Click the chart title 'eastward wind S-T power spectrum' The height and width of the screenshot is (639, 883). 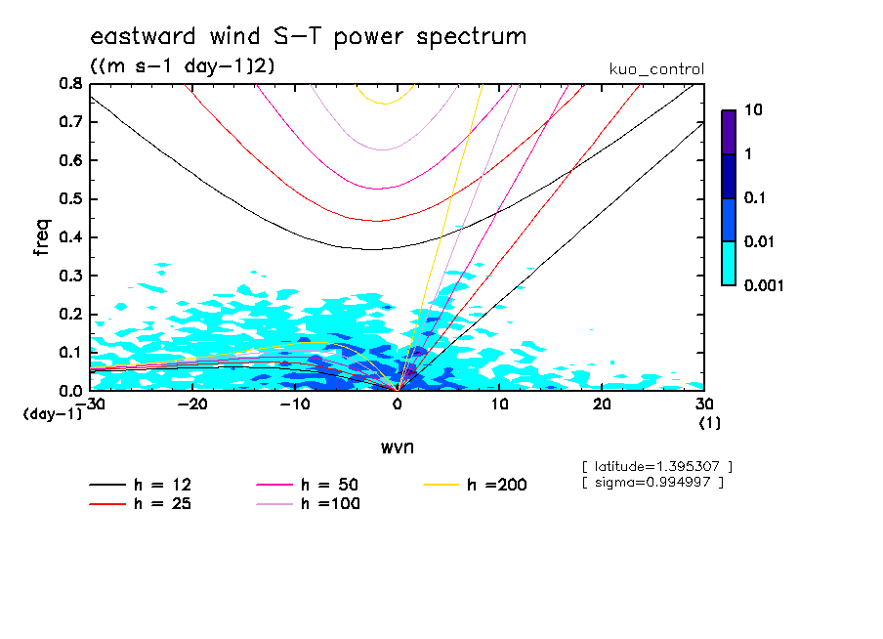coord(308,37)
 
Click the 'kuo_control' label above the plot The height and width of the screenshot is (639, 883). coord(655,69)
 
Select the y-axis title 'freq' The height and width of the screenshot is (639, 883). coord(42,236)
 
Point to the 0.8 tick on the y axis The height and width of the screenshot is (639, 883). coord(70,84)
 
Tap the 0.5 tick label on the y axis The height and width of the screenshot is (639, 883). coord(70,199)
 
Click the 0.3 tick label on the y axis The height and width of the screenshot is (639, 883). coord(70,276)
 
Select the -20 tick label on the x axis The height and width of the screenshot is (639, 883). coord(193,404)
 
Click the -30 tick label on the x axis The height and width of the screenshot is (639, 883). coord(91,404)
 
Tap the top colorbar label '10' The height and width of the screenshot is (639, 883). coord(753,110)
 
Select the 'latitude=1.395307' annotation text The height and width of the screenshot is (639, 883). coord(656,465)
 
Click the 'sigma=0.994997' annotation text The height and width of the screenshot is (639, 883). coord(652,482)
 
